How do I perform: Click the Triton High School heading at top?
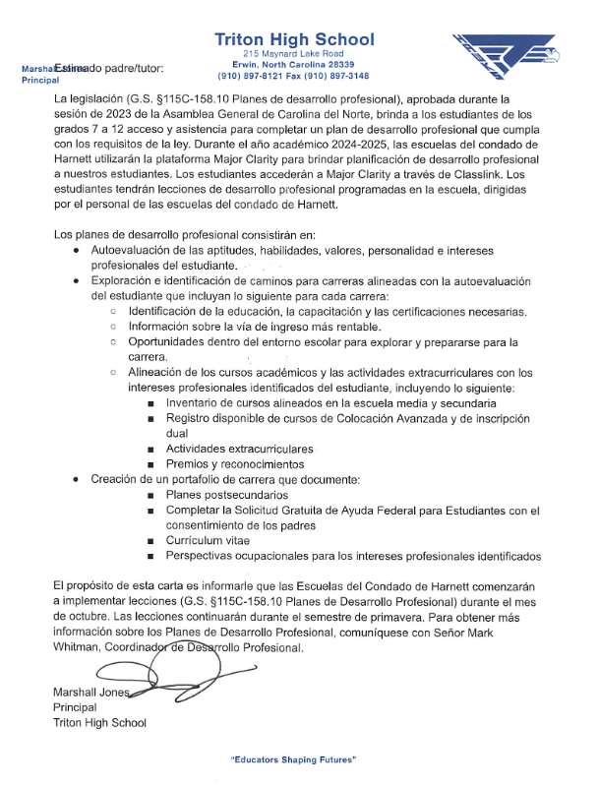click(x=294, y=39)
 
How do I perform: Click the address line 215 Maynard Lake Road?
click(x=293, y=53)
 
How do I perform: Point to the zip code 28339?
click(x=348, y=64)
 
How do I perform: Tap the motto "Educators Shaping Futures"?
click(x=292, y=761)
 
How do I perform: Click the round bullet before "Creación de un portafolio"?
click(x=78, y=479)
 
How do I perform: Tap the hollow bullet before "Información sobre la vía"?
click(x=114, y=326)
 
